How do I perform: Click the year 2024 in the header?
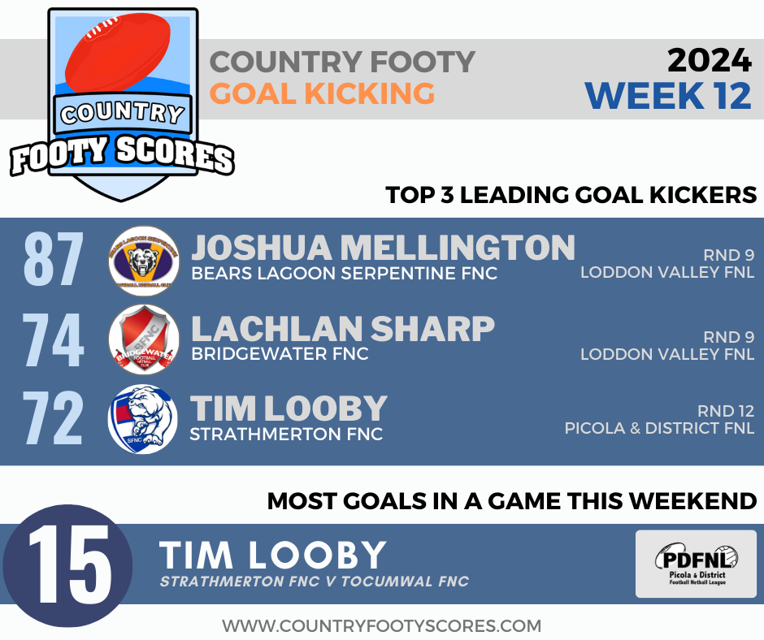point(709,60)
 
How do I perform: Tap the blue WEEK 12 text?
point(667,95)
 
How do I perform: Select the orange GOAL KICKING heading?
point(323,93)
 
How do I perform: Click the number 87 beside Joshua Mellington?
point(54,261)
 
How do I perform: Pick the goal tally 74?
point(54,341)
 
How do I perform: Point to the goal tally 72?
point(54,420)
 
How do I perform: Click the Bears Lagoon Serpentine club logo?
point(143,261)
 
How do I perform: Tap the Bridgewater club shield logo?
point(143,339)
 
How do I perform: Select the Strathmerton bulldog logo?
point(143,419)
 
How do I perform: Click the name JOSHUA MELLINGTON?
point(383,248)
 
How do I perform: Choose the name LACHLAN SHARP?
point(342,328)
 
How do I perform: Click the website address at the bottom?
point(382,625)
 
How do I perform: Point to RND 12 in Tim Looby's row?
point(725,410)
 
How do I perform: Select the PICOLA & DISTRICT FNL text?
point(659,428)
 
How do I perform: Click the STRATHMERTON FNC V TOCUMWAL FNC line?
point(314,582)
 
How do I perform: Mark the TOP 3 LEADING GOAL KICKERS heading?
point(571,196)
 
